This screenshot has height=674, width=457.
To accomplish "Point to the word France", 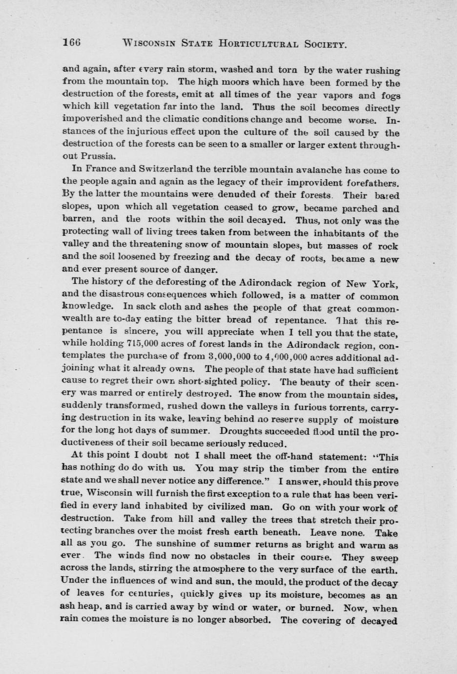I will point(102,169).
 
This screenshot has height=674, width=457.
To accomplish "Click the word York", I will point(386,283).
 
